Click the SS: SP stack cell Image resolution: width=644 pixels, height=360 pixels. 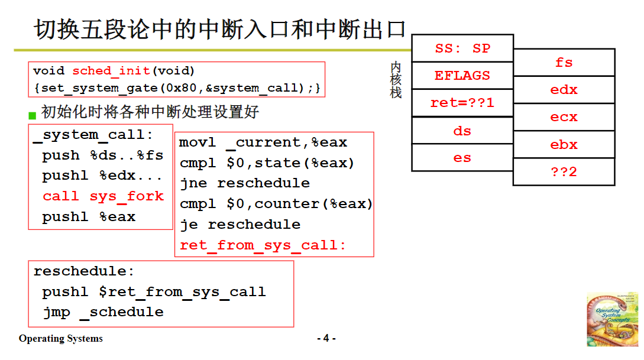pos(462,48)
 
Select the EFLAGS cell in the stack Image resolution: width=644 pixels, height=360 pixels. pos(462,76)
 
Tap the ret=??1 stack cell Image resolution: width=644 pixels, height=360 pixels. pos(462,103)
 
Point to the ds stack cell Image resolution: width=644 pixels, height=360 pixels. pos(462,131)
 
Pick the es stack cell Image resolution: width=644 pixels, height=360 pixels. pos(462,158)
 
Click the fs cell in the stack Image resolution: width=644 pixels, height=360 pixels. pos(564,63)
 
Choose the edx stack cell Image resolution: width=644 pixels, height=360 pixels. pos(564,90)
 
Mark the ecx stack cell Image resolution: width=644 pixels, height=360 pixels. pos(564,117)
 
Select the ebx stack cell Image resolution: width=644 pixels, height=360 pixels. pos(564,144)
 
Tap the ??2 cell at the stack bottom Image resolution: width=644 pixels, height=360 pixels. pos(564,172)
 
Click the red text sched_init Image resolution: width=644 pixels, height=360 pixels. pos(111,71)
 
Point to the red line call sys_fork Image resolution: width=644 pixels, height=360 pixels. pos(103,196)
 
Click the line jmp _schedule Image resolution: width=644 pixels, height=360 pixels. pos(103,312)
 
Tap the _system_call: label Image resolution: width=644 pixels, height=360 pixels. pos(93,135)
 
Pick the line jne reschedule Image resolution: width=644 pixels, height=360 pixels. pos(245,183)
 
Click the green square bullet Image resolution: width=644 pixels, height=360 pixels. pos(33,114)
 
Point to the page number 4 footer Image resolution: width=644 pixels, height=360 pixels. pos(326,339)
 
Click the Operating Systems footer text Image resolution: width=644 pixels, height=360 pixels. pos(61,339)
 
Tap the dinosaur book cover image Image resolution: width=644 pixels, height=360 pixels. pos(612,319)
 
